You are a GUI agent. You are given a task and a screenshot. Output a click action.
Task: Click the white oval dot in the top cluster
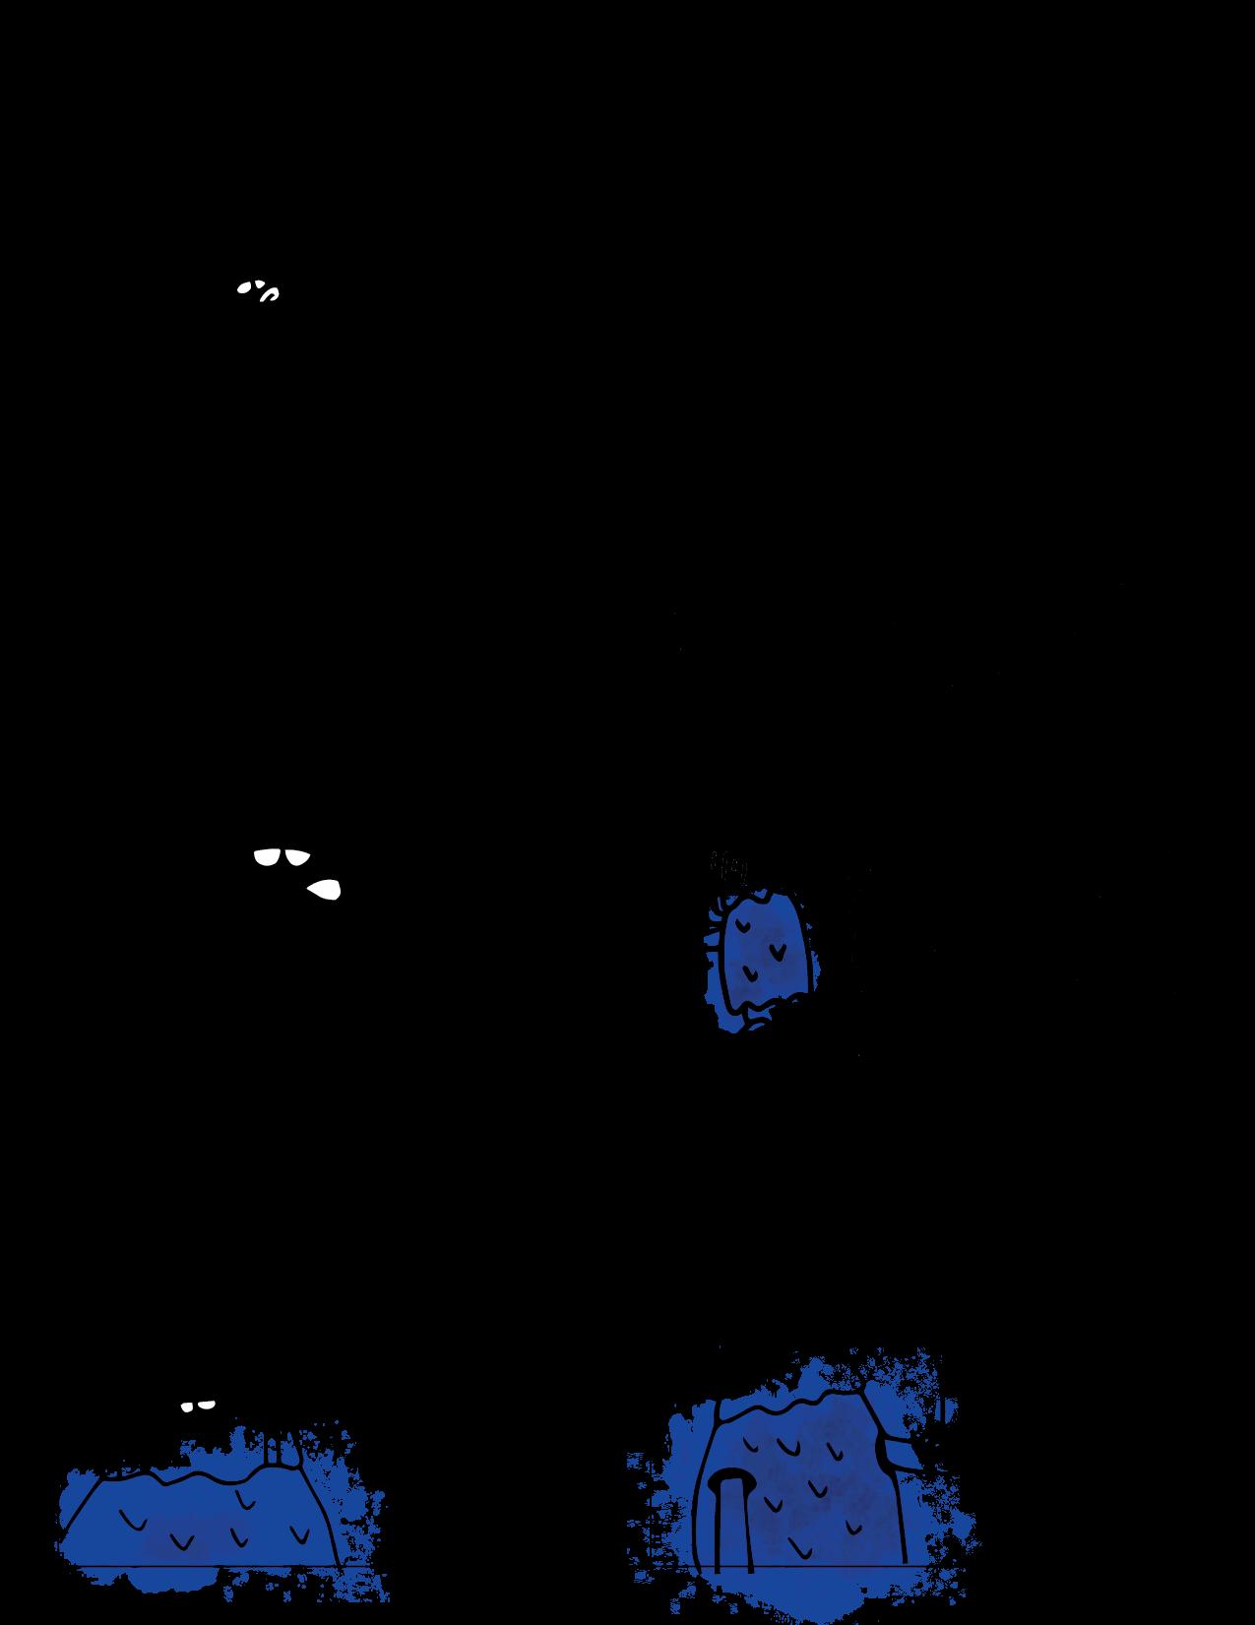click(x=242, y=288)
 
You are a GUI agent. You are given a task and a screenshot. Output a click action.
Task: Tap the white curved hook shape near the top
click(x=268, y=293)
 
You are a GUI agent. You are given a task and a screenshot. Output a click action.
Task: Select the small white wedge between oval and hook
click(x=257, y=284)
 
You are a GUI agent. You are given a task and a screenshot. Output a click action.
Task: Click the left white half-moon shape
click(x=267, y=856)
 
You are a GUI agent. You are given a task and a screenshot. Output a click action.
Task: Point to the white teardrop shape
click(x=325, y=890)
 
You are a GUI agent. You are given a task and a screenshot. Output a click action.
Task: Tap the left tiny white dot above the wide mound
click(x=186, y=1406)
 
